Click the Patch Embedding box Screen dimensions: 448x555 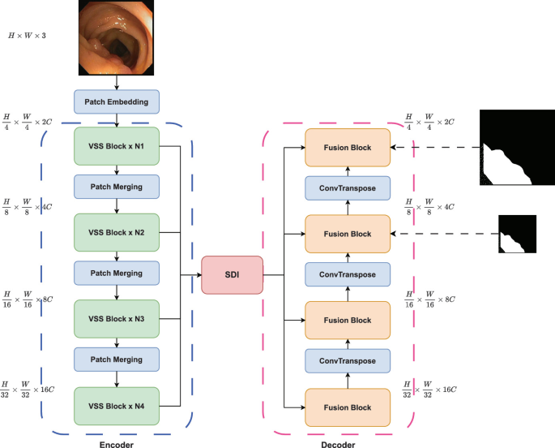click(117, 101)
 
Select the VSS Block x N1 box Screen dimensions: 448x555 click(117, 147)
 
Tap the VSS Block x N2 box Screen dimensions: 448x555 click(117, 233)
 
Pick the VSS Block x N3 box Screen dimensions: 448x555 click(117, 319)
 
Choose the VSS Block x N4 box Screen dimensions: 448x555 click(117, 405)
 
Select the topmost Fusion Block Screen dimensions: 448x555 click(347, 148)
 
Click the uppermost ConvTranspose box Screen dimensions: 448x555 click(347, 189)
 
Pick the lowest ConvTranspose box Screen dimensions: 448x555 click(347, 360)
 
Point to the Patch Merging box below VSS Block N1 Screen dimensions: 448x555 click(117, 187)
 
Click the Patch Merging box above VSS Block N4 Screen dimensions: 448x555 click(117, 359)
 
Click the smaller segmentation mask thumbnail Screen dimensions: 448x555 click(516, 234)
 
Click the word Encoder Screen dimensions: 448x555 click(116, 442)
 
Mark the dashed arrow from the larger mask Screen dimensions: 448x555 click(433, 148)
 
